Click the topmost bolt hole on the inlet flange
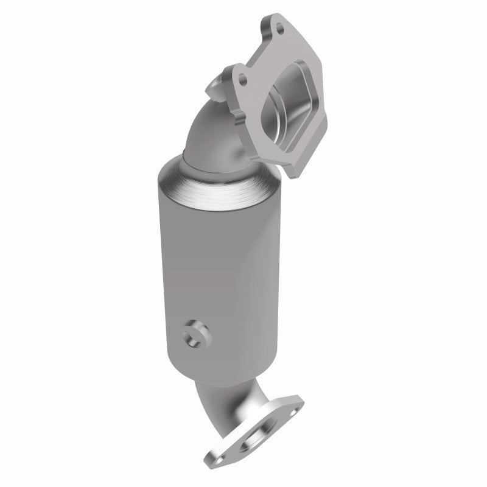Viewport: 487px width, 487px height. coord(279,26)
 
